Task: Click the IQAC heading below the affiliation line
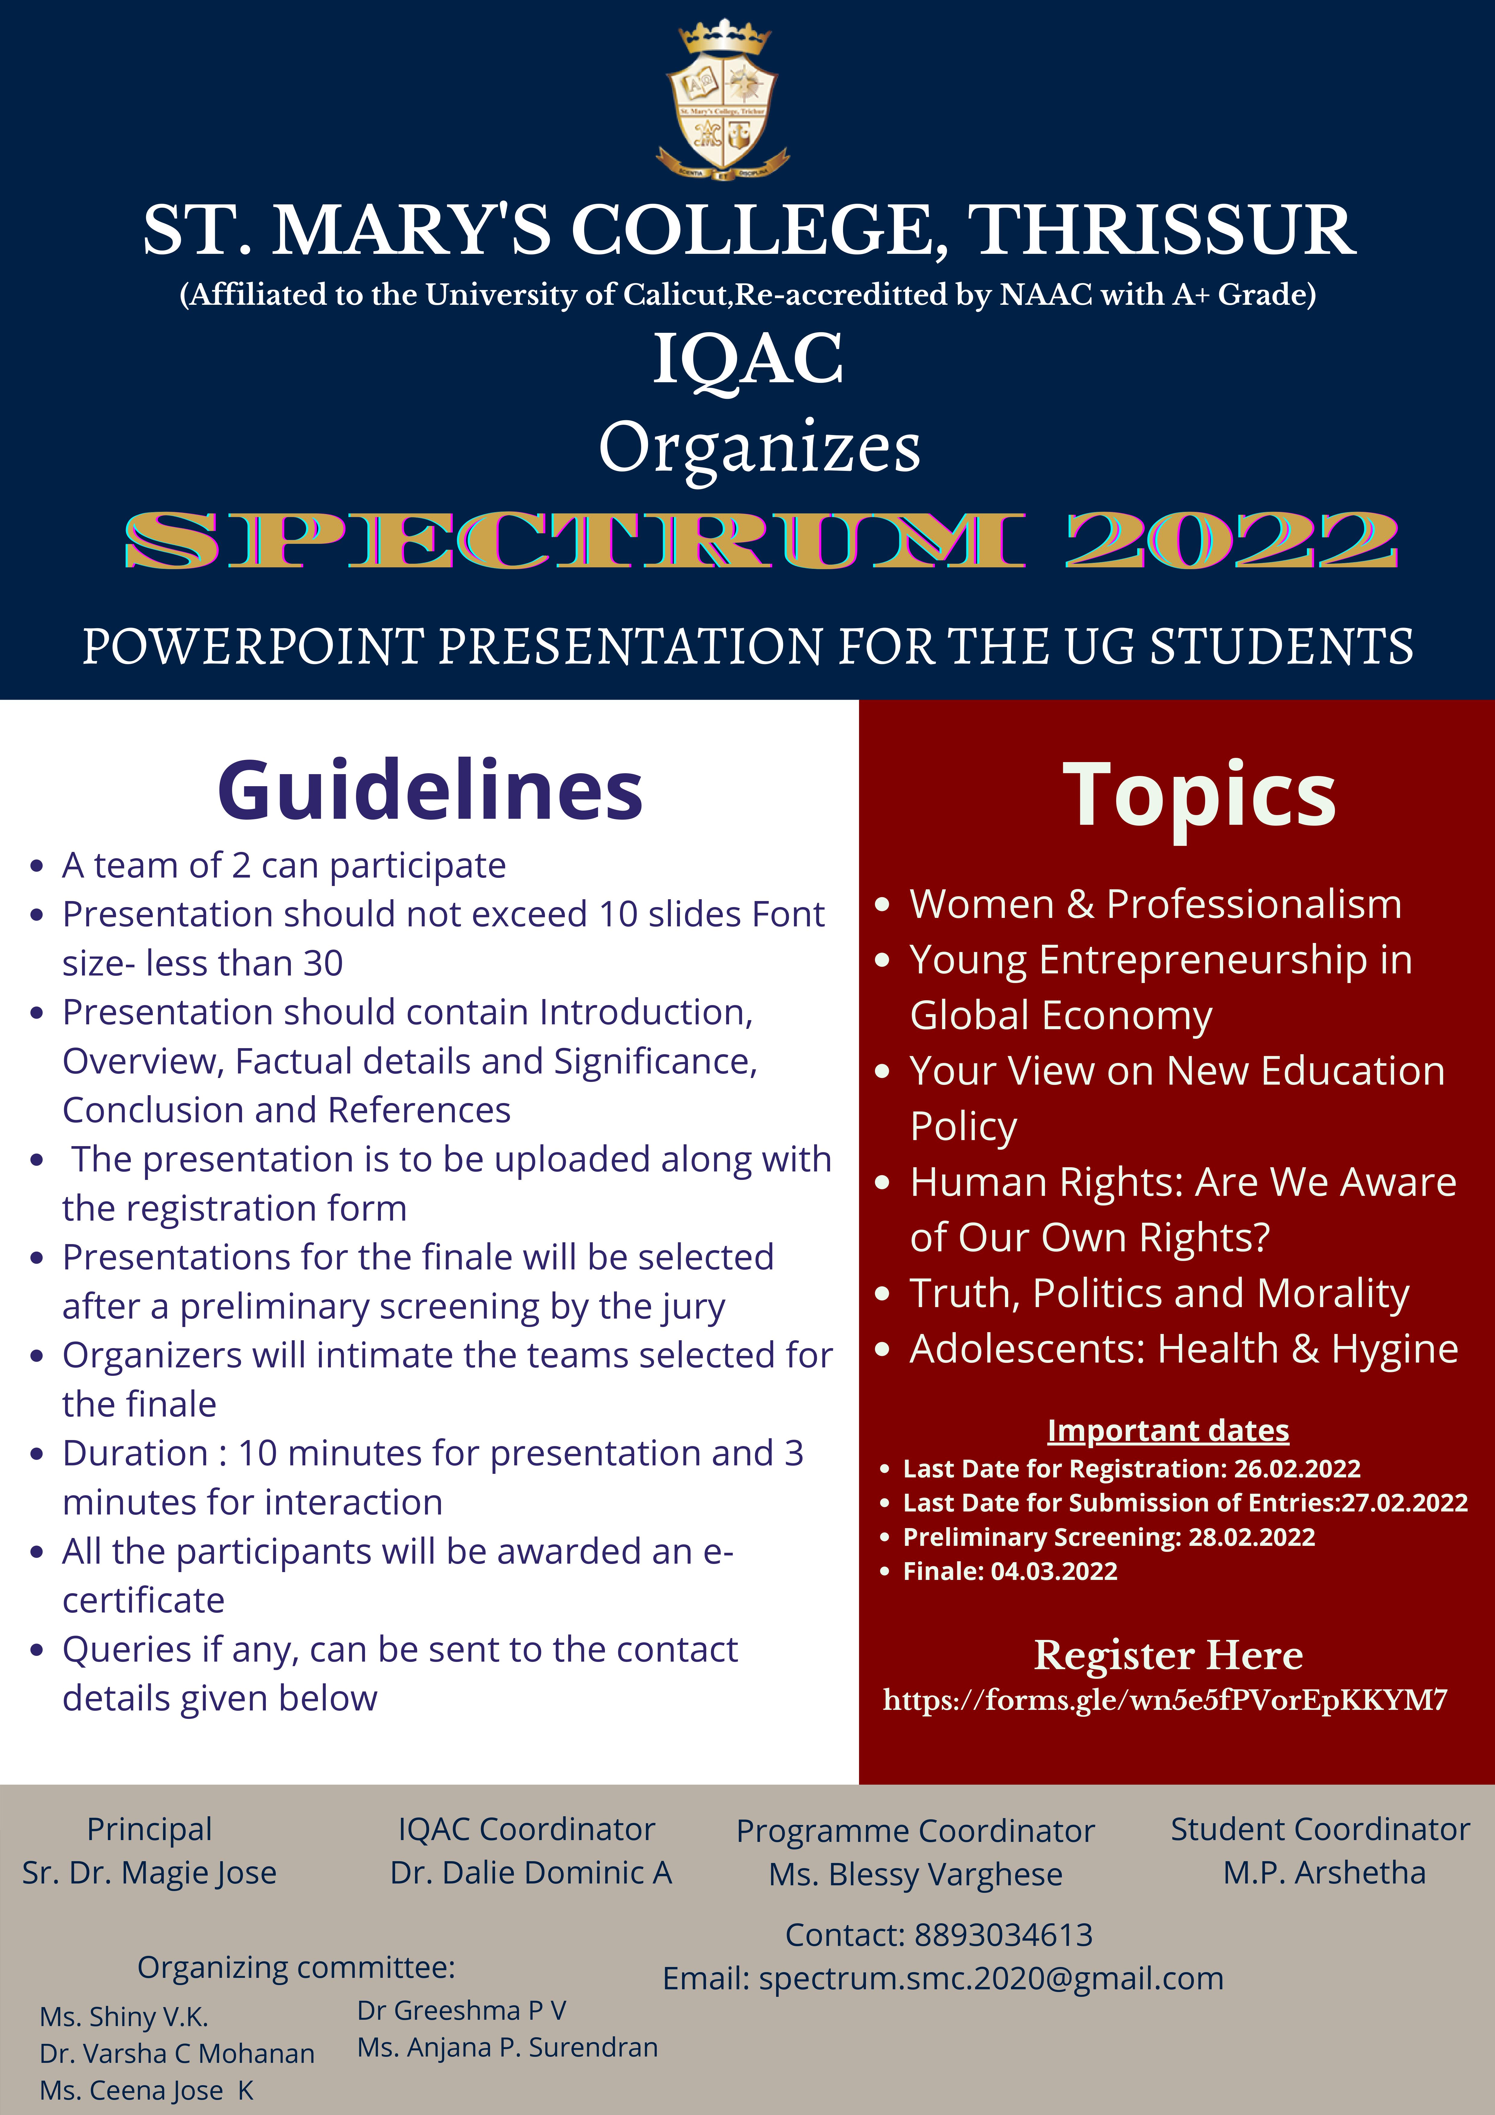tap(748, 359)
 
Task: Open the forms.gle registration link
tap(1165, 1700)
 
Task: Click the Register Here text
tap(1168, 1655)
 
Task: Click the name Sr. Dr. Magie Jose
tap(149, 1873)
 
